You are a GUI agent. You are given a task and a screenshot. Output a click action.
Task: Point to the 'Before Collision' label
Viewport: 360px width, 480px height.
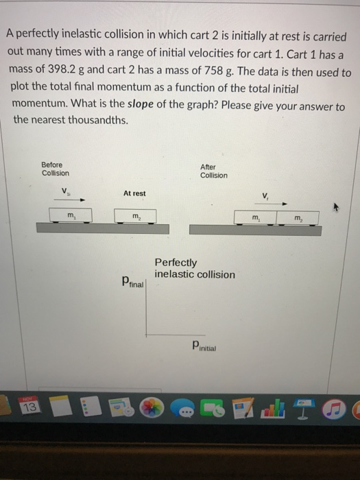tap(55, 169)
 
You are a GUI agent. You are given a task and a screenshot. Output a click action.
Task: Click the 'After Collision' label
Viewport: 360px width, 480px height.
tap(213, 171)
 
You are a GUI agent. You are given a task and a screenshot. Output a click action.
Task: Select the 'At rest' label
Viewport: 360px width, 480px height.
tap(134, 193)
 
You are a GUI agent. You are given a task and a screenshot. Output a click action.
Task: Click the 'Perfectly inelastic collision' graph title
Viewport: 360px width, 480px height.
tap(194, 268)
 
